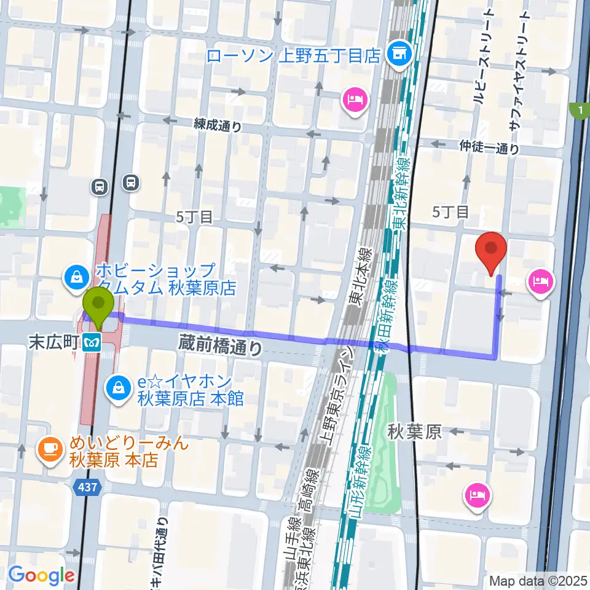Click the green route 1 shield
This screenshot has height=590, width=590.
[578, 111]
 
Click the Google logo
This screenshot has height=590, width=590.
[41, 576]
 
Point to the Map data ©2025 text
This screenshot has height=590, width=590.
[538, 580]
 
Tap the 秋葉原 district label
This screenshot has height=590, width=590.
[414, 432]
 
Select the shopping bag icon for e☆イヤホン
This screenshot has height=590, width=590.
[117, 387]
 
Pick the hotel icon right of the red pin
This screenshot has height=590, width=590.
[540, 282]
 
